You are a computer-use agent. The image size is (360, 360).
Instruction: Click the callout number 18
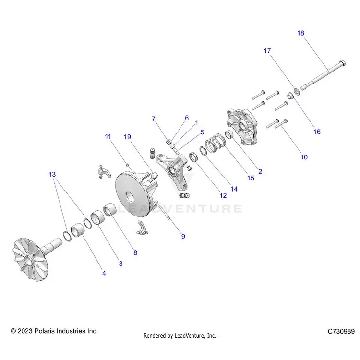tap(300, 33)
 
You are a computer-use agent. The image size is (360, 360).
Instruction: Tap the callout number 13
tap(52, 175)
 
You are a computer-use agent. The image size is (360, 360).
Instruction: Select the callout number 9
tap(183, 237)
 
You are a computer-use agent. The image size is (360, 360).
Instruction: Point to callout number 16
tap(317, 132)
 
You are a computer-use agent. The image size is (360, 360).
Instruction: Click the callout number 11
tap(108, 137)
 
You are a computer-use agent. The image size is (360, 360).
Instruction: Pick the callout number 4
tap(104, 273)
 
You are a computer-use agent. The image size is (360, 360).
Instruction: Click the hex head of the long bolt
tap(342, 63)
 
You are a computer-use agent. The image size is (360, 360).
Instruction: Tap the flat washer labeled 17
tap(297, 91)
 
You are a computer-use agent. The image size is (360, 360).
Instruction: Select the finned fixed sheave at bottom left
tap(37, 259)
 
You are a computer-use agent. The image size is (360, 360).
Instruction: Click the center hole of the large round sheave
tap(130, 197)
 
